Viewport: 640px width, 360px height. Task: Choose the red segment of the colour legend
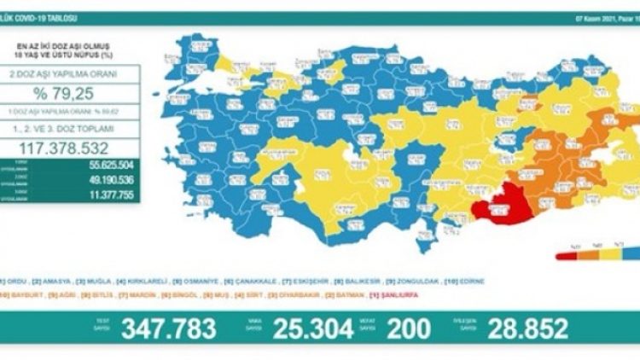click(568, 254)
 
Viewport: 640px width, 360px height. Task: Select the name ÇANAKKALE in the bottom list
click(247, 282)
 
